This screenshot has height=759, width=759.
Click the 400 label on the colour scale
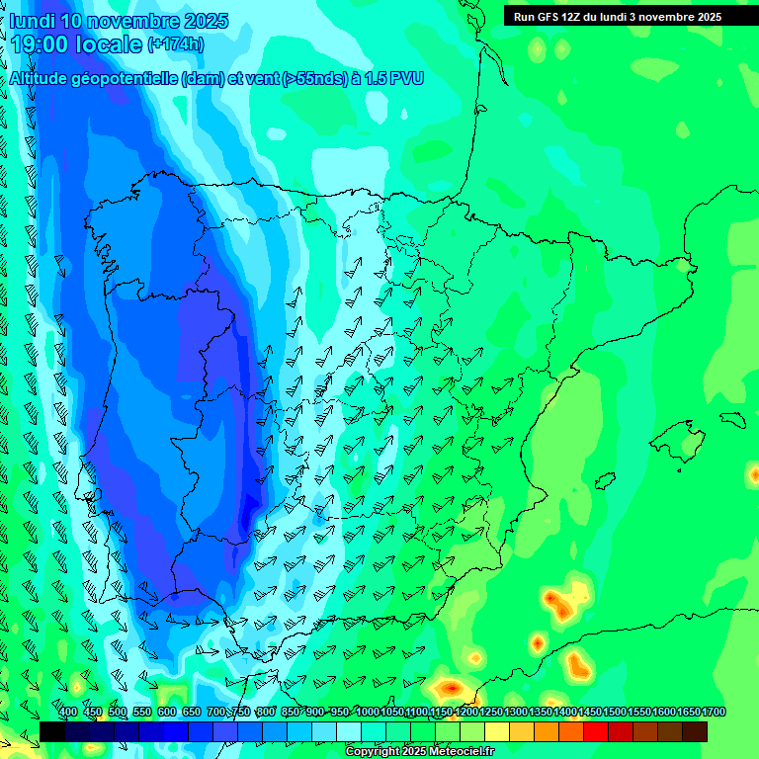[68, 712]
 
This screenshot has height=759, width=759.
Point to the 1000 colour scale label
[368, 712]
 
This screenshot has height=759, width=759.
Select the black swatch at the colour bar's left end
[52, 731]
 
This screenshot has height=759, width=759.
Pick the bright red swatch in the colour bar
[596, 731]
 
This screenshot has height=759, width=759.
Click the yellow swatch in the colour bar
[497, 731]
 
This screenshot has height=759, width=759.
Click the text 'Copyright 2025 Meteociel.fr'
[419, 751]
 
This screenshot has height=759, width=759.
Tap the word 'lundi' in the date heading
[32, 21]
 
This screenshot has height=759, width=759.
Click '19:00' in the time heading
[39, 44]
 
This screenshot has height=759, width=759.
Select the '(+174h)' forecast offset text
[176, 44]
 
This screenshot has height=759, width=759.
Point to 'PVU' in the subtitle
[408, 78]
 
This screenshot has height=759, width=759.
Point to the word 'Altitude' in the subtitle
[43, 78]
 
